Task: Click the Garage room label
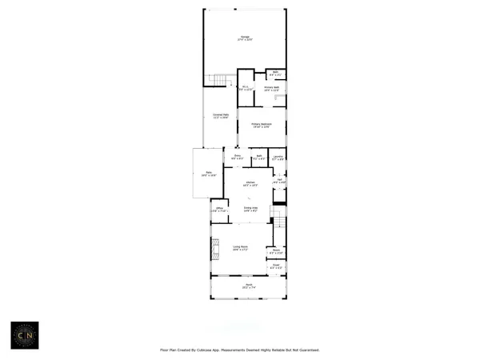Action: point(246,38)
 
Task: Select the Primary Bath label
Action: point(271,88)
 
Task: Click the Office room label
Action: point(218,210)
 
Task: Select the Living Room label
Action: point(240,247)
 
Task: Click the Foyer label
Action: point(275,266)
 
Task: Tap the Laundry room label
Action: point(278,158)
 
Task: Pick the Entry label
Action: point(238,157)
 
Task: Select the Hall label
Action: point(279,180)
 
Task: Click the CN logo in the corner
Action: point(24,335)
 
